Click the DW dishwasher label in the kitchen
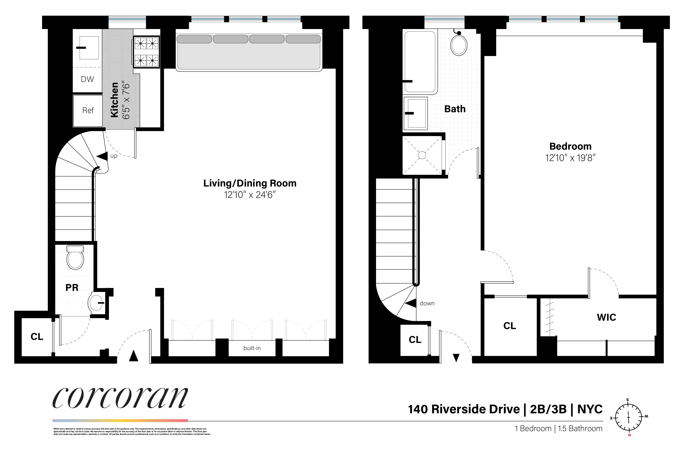point(87,79)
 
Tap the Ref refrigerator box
point(88,111)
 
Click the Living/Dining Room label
point(250,183)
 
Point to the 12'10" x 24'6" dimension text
point(250,195)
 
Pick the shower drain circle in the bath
point(422,155)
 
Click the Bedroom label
point(570,146)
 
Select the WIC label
point(606,317)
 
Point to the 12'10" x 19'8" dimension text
point(570,158)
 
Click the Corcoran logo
point(120,398)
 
